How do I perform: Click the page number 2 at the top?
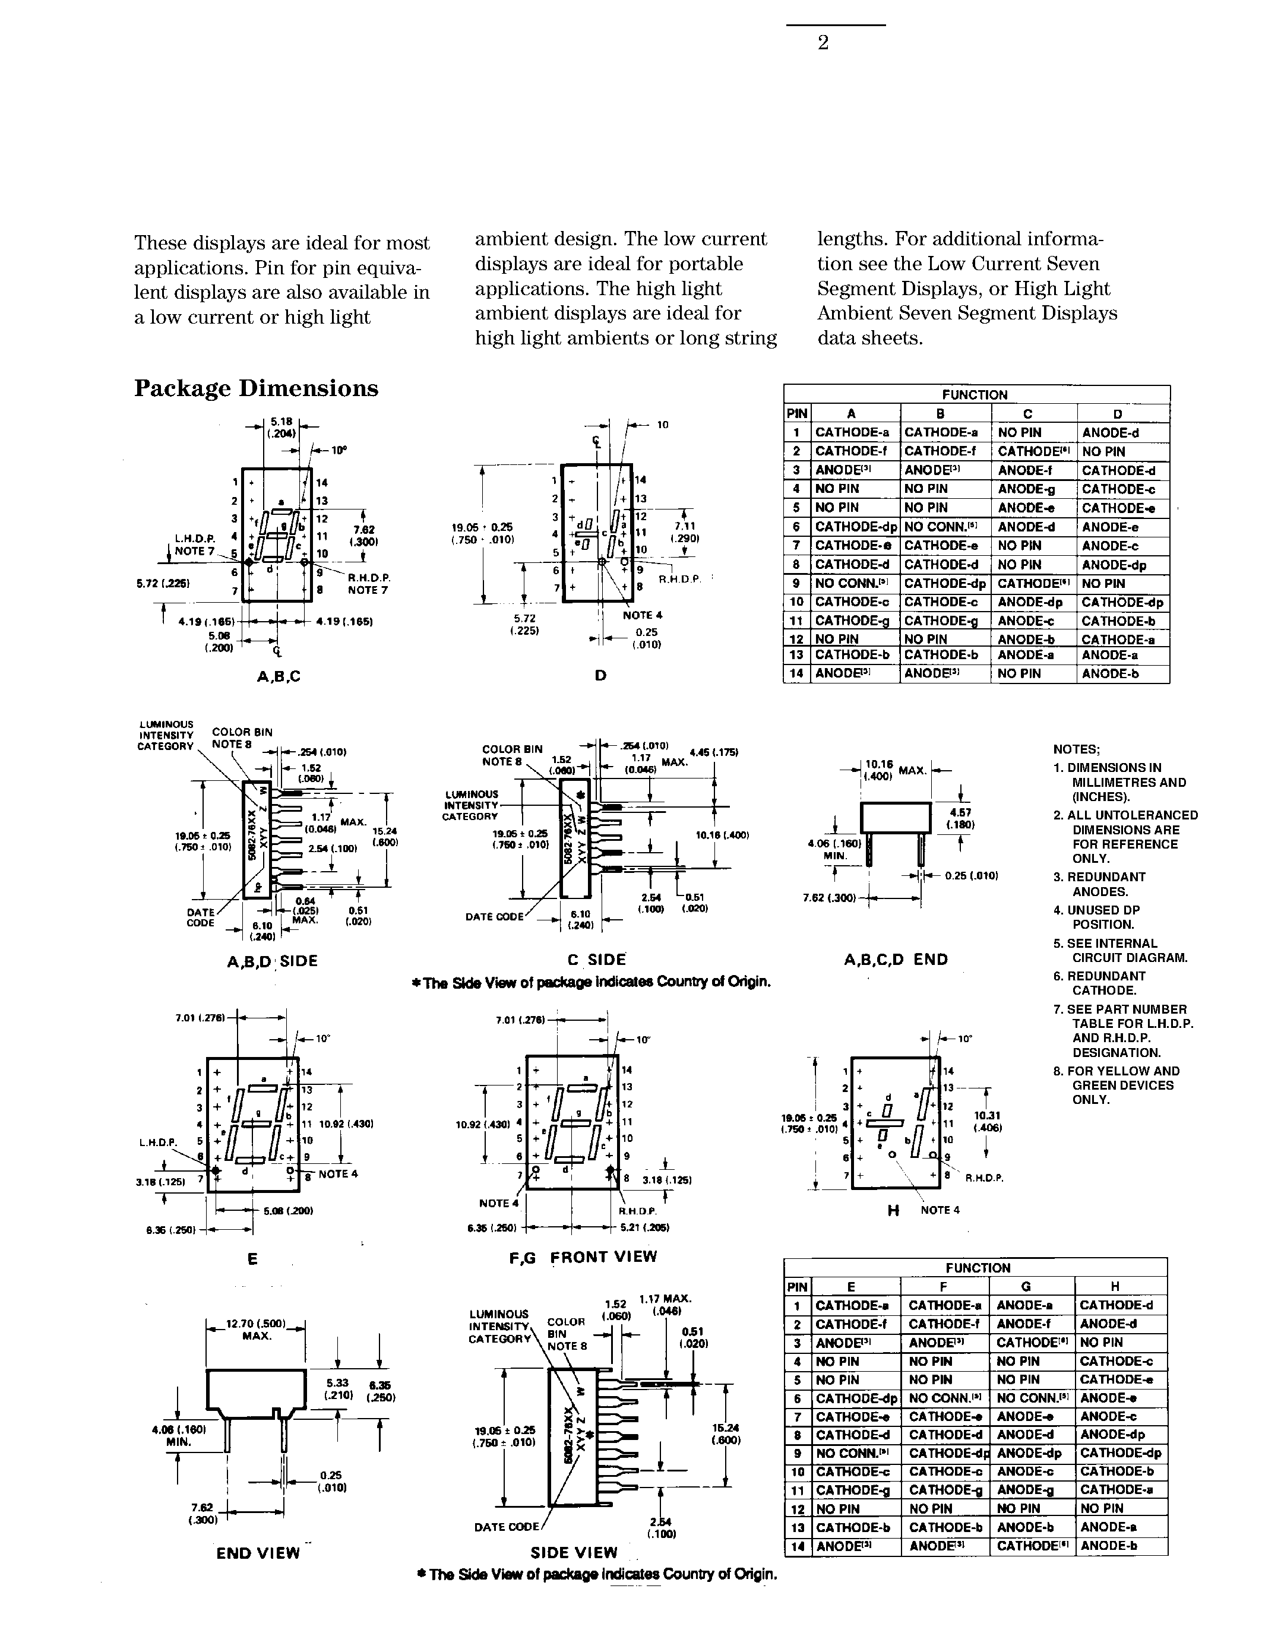[x=823, y=43]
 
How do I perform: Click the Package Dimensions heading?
[x=256, y=389]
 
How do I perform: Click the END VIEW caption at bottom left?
[x=258, y=1553]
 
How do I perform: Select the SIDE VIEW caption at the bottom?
[x=574, y=1553]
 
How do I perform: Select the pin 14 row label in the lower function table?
[x=797, y=1546]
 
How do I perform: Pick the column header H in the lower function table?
[x=1115, y=1286]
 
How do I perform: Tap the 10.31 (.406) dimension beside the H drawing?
[x=992, y=1122]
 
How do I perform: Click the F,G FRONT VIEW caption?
[x=583, y=1257]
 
